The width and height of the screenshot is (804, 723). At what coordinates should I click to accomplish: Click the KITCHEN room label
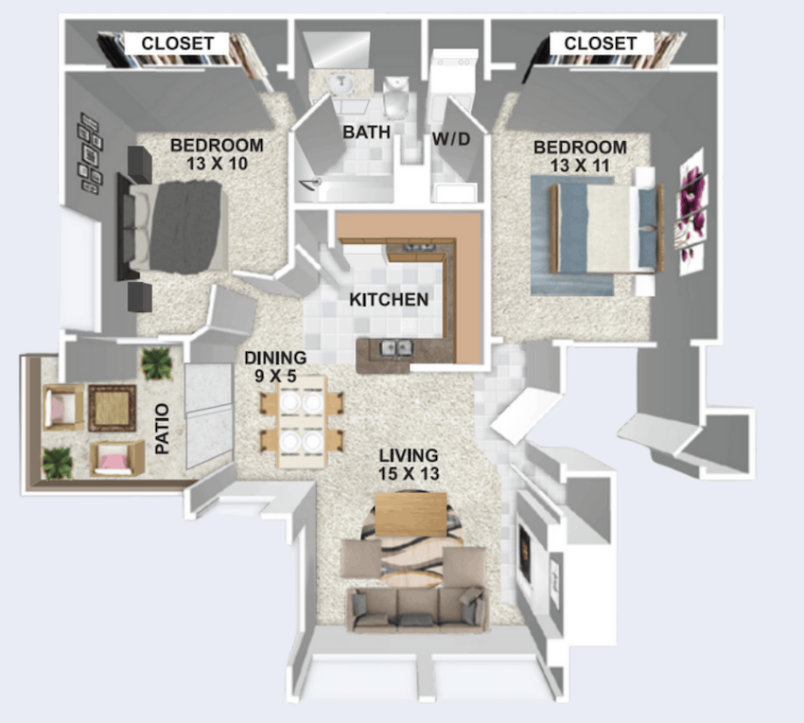(389, 300)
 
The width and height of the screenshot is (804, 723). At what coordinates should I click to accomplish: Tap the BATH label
(367, 132)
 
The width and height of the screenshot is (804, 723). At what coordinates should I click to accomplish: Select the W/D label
(451, 138)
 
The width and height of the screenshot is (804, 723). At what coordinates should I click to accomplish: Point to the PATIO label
(162, 429)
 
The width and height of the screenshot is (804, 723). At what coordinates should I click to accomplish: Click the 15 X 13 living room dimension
(409, 473)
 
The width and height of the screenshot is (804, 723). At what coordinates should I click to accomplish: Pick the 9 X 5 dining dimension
(275, 376)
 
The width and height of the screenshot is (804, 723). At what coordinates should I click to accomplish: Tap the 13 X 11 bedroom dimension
(580, 166)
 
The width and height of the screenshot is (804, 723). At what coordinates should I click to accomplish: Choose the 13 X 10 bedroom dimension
(218, 164)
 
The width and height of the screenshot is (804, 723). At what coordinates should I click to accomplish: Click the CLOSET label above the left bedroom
(178, 44)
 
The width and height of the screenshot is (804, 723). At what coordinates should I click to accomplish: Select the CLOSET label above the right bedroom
(601, 44)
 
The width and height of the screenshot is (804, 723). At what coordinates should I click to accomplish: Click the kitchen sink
(395, 348)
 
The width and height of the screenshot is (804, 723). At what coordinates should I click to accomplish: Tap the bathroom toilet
(395, 97)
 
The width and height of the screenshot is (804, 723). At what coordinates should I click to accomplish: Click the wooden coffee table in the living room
(411, 514)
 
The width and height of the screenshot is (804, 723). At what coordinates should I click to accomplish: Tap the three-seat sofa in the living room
(417, 609)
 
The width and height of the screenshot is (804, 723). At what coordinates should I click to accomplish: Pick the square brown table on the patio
(113, 408)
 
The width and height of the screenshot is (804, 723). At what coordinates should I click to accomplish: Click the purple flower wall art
(691, 210)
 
